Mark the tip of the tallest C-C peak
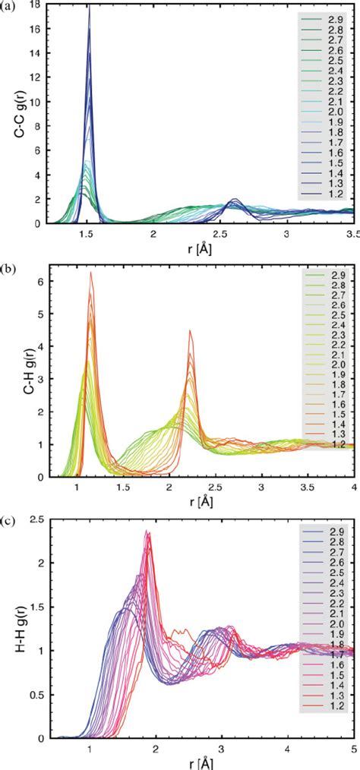pyautogui.click(x=89, y=7)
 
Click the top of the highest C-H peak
pyautogui.click(x=91, y=272)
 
